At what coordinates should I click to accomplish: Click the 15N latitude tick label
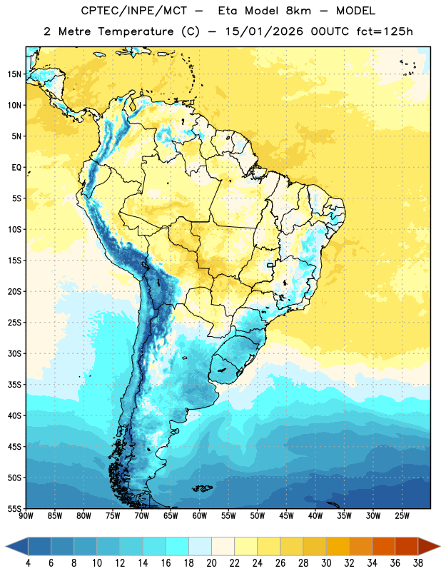[14, 74]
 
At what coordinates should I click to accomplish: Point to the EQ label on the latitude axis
[16, 168]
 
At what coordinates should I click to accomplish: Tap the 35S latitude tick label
[14, 385]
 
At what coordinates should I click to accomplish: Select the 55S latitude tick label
[14, 509]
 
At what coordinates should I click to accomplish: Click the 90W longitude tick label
[26, 516]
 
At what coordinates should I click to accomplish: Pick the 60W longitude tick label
[200, 516]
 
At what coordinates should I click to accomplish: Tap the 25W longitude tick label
[402, 516]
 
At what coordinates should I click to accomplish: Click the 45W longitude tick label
[286, 516]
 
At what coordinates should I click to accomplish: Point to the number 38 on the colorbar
[418, 563]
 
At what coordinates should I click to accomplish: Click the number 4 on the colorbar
[28, 563]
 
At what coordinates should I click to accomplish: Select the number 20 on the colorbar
[211, 563]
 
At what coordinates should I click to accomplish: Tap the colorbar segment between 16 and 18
[177, 546]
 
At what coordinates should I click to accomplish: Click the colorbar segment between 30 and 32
[338, 546]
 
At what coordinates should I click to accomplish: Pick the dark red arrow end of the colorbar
[429, 546]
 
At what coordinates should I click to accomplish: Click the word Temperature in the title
[136, 31]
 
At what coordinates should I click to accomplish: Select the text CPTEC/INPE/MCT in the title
[134, 11]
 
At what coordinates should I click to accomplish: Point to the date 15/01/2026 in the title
[263, 31]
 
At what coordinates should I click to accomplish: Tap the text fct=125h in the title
[385, 31]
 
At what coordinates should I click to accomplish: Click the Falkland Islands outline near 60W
[203, 488]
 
